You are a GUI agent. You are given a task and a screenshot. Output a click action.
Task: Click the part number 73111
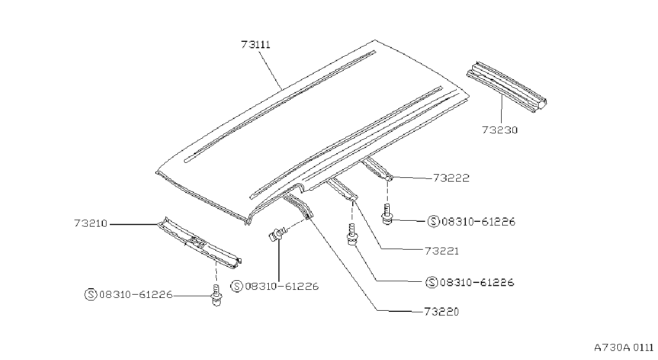tap(255, 44)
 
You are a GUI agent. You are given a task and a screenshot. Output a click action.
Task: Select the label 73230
tap(500, 130)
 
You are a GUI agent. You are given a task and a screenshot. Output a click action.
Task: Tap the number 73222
tap(451, 178)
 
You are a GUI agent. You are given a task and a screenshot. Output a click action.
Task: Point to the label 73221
tap(442, 251)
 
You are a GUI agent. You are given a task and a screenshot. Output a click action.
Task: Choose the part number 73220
tap(441, 311)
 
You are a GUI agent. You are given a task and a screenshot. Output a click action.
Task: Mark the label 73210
tap(90, 223)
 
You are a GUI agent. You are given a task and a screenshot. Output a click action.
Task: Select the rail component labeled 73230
tap(506, 87)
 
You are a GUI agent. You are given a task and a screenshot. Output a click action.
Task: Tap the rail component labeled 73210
tap(200, 243)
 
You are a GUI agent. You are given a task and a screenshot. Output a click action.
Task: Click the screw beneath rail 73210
tap(216, 295)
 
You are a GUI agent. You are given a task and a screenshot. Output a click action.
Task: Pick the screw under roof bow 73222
tap(388, 214)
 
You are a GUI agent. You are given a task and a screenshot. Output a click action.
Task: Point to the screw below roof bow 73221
tap(352, 235)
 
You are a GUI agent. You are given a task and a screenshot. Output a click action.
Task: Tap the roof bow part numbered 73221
tap(342, 190)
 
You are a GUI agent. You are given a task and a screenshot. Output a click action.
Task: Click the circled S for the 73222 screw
tap(433, 222)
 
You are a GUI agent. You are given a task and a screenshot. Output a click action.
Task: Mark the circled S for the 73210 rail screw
tap(91, 295)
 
